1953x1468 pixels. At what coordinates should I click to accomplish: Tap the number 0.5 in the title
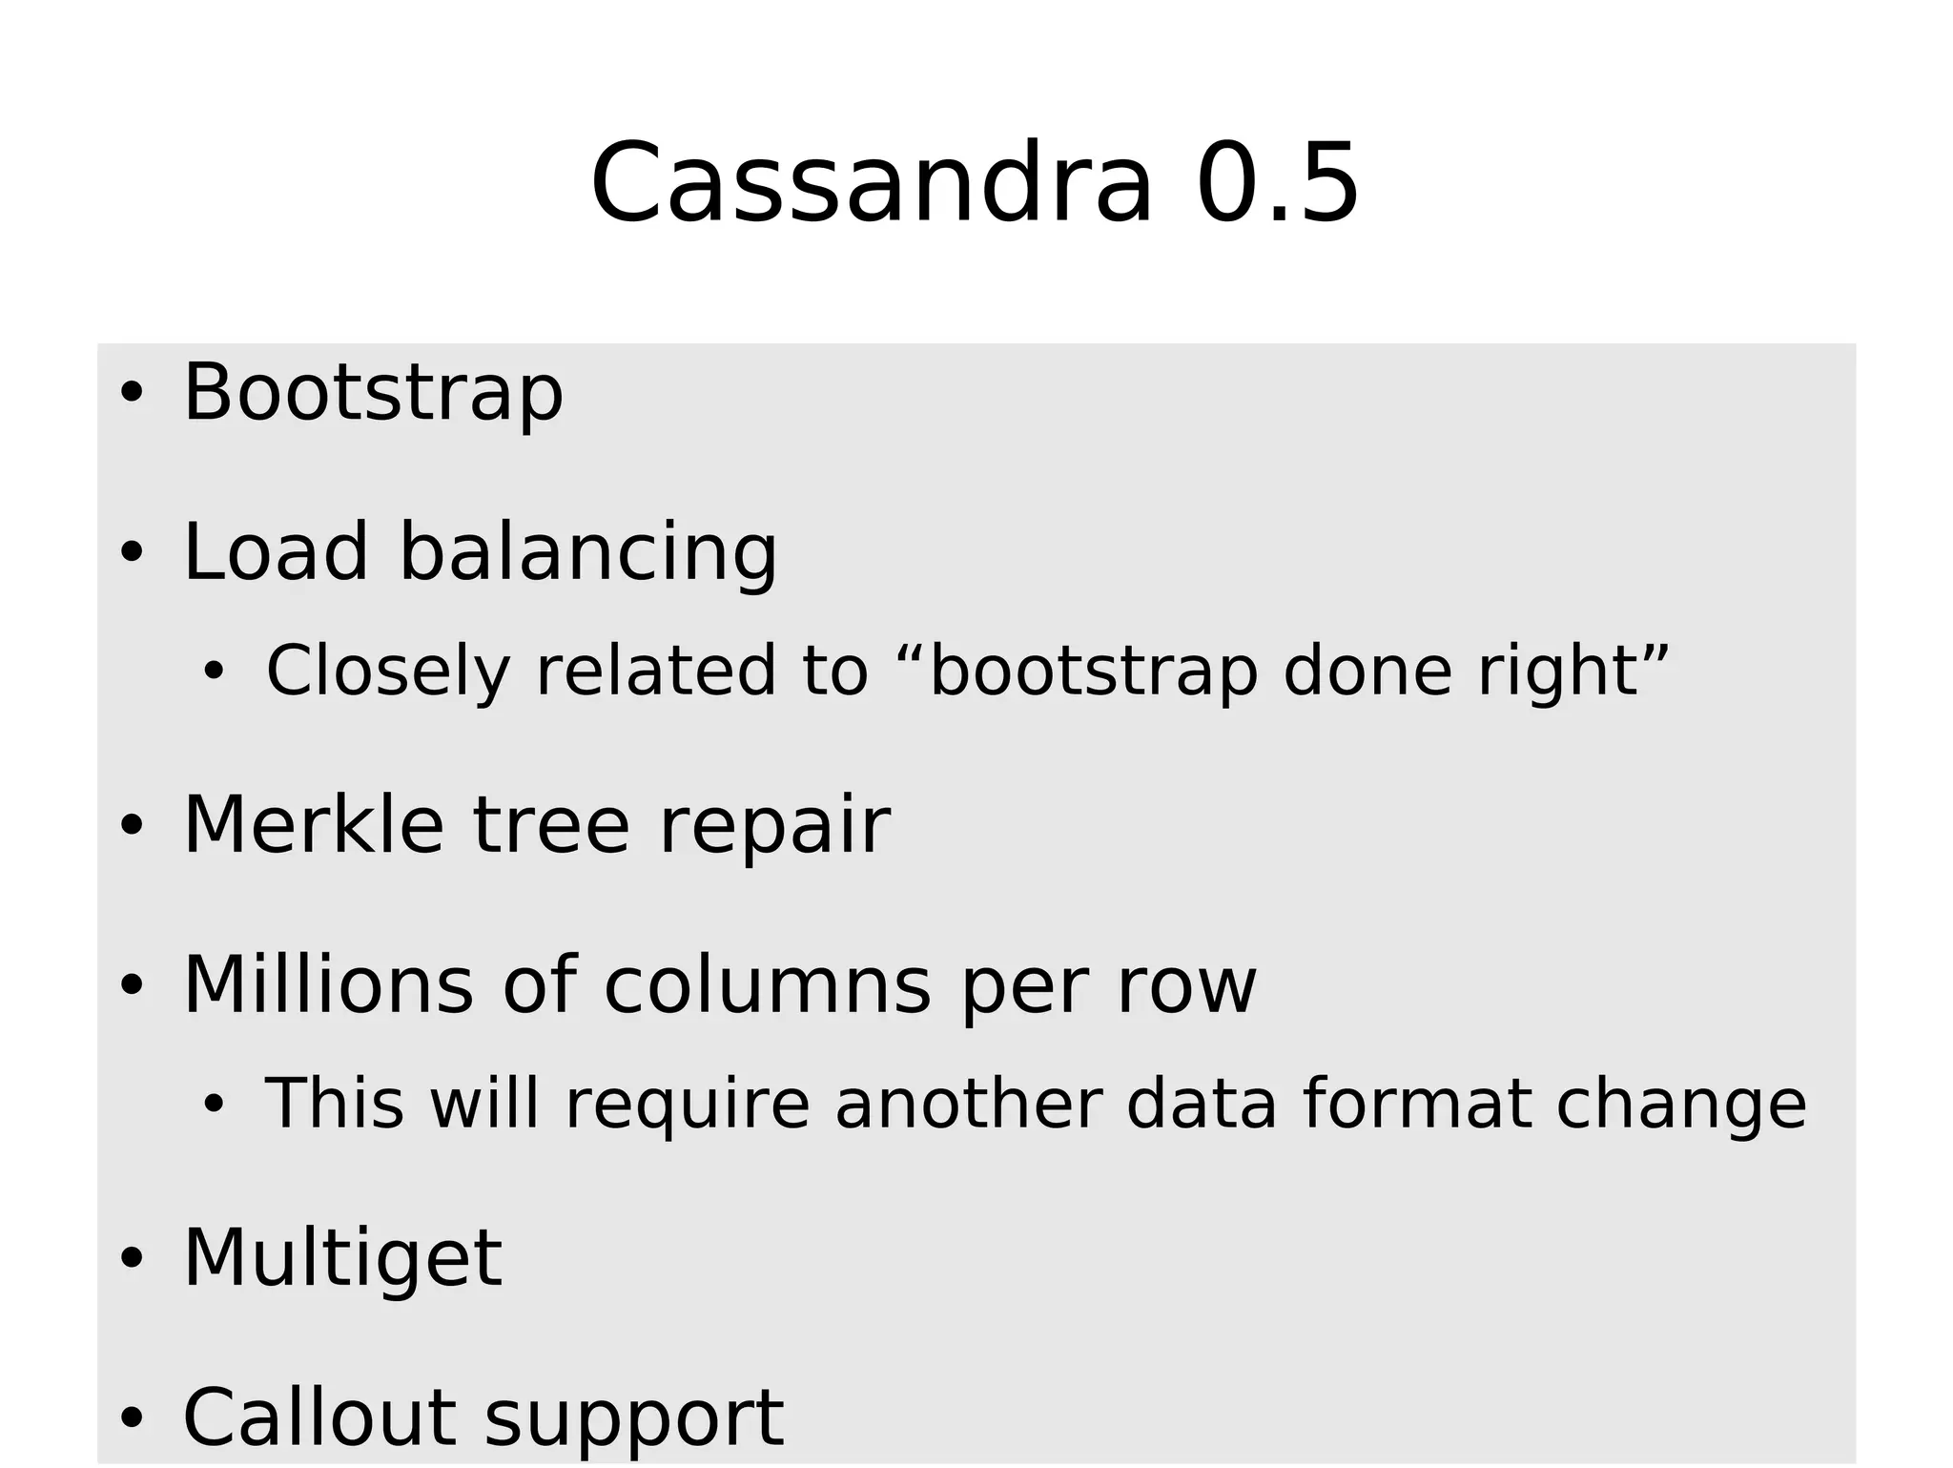point(1277,183)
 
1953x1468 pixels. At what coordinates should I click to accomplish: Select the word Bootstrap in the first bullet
point(373,393)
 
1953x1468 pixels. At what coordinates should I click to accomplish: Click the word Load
point(275,552)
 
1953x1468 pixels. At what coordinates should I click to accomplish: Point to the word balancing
point(587,554)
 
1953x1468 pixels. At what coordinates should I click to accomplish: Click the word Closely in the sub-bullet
point(388,671)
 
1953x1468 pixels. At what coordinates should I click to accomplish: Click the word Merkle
point(313,825)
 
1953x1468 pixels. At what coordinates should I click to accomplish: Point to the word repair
point(774,827)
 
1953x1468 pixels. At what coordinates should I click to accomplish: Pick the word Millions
point(328,985)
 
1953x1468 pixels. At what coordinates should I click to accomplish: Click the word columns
point(767,985)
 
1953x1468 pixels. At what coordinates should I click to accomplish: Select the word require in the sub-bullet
point(687,1105)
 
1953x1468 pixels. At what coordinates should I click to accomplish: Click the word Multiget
point(342,1259)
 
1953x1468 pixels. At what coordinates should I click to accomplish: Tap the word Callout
point(319,1417)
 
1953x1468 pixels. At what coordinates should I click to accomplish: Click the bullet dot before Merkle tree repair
point(132,826)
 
